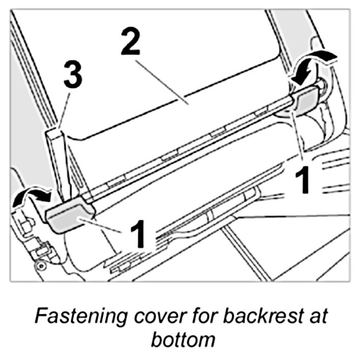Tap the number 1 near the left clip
[x=137, y=234]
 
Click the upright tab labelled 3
[x=56, y=158]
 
